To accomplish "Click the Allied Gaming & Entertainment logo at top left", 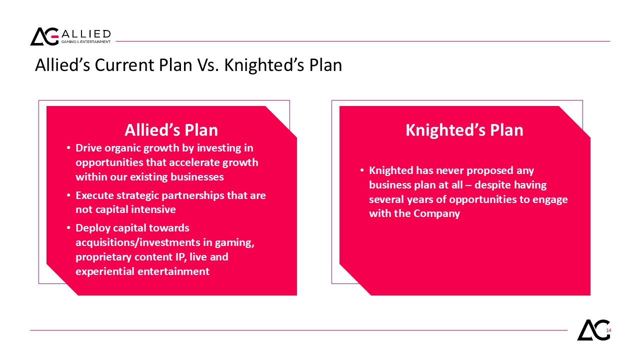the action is (x=70, y=36).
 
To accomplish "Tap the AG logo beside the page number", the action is (x=593, y=330).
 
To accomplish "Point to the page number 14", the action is (x=608, y=330).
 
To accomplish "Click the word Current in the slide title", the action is (x=124, y=65).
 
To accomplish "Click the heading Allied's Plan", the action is (x=171, y=130).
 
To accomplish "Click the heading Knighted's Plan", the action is (x=464, y=130).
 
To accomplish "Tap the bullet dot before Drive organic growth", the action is (x=68, y=148).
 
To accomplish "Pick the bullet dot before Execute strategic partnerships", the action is (x=68, y=195).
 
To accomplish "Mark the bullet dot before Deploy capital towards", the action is (x=68, y=228).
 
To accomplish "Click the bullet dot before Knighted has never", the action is (x=362, y=170).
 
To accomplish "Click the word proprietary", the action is (x=103, y=257).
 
